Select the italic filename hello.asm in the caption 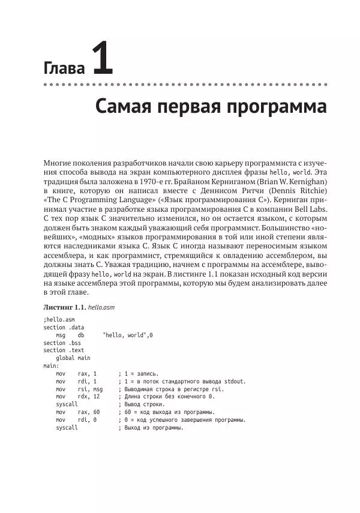101,307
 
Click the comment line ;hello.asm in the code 59,320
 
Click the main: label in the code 51,365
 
